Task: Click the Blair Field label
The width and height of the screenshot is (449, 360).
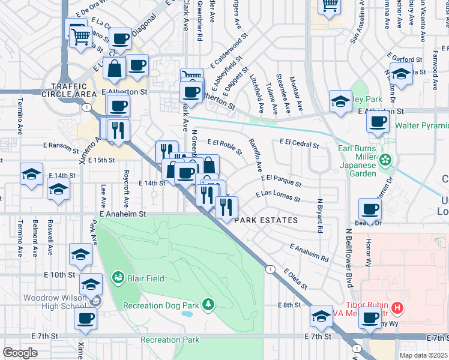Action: click(144, 278)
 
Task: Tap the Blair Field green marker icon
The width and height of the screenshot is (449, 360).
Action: click(118, 278)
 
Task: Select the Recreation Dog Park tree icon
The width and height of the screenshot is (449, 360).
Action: click(208, 305)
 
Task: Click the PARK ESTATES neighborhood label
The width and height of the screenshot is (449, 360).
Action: click(266, 220)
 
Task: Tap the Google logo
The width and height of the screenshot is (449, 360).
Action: click(20, 353)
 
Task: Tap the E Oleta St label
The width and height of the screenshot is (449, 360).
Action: click(296, 278)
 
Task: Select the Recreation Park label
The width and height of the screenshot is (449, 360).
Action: click(170, 340)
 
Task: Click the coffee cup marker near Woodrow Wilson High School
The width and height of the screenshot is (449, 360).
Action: click(86, 318)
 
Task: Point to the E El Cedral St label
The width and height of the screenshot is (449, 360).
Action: click(298, 143)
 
